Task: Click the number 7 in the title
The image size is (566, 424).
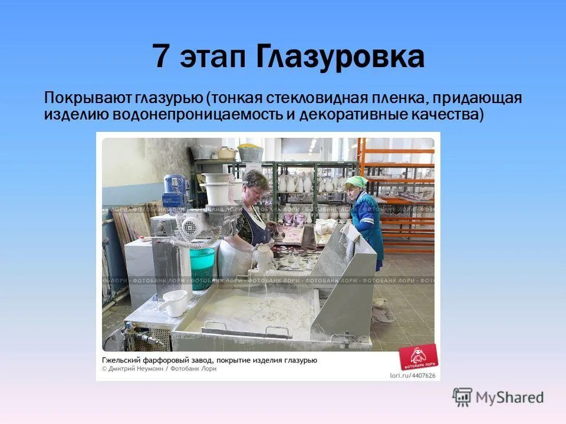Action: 160,57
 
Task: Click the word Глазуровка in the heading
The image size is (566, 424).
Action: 340,57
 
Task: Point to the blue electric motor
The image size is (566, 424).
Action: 175,187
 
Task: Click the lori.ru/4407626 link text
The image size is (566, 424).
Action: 413,375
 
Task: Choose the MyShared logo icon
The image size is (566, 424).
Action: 462,397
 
